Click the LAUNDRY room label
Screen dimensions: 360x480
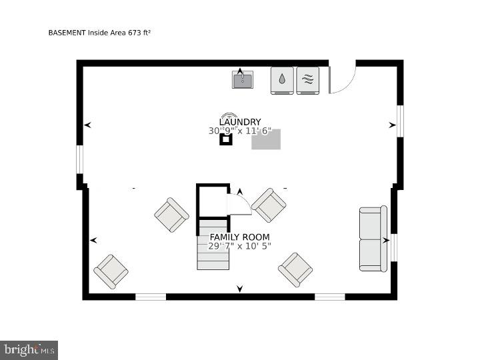point(239,122)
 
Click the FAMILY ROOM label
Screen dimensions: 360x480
point(239,237)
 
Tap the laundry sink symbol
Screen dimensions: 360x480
point(243,80)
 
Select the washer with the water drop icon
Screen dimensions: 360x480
point(282,80)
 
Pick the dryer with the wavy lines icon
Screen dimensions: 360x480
point(307,80)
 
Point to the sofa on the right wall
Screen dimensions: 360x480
point(373,239)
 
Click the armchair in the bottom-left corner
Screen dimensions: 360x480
point(111,271)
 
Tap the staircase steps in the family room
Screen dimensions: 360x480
point(213,253)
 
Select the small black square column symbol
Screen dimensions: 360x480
point(226,139)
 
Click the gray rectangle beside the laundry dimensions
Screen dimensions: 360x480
point(266,139)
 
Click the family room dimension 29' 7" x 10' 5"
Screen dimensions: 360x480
point(239,247)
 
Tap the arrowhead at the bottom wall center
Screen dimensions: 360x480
point(240,289)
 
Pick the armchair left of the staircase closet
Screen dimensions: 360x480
point(172,215)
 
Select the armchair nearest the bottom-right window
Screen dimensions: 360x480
point(295,269)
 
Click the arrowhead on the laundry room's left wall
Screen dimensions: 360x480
point(87,125)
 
